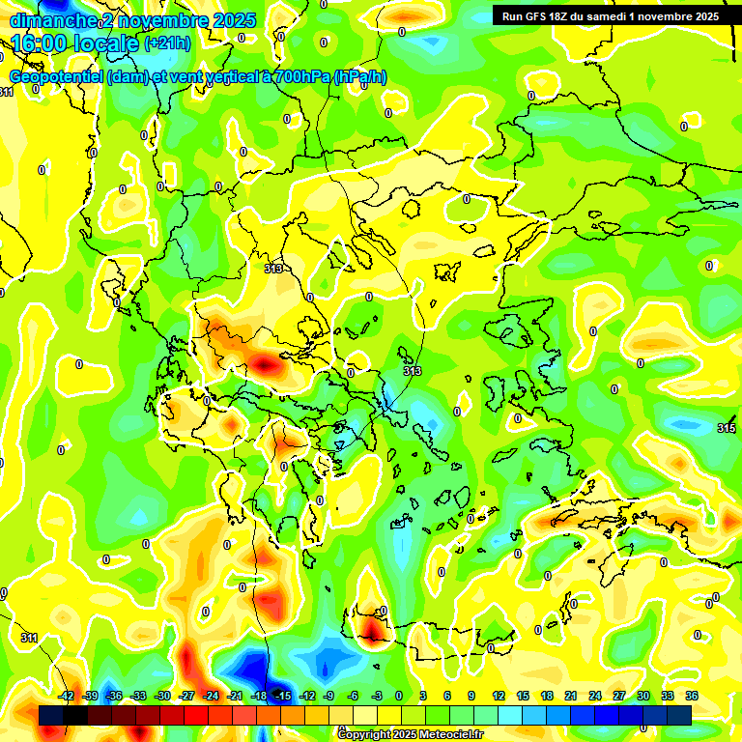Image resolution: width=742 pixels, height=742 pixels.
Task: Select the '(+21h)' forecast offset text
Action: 167,43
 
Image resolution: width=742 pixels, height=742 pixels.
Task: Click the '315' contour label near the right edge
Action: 727,428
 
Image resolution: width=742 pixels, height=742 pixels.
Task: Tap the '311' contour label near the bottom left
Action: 29,639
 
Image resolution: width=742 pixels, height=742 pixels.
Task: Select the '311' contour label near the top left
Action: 6,92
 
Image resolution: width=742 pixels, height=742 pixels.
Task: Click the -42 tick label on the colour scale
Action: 67,696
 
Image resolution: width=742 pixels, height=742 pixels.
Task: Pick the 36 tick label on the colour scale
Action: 692,696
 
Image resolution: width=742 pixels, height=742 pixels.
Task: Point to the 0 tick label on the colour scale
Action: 399,696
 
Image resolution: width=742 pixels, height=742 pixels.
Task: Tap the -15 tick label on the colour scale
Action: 283,696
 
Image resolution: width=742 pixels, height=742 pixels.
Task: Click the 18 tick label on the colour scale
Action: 547,696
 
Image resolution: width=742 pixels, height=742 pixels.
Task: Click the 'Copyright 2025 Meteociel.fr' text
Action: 411,735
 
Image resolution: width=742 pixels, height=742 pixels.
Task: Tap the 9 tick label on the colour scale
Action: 471,696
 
